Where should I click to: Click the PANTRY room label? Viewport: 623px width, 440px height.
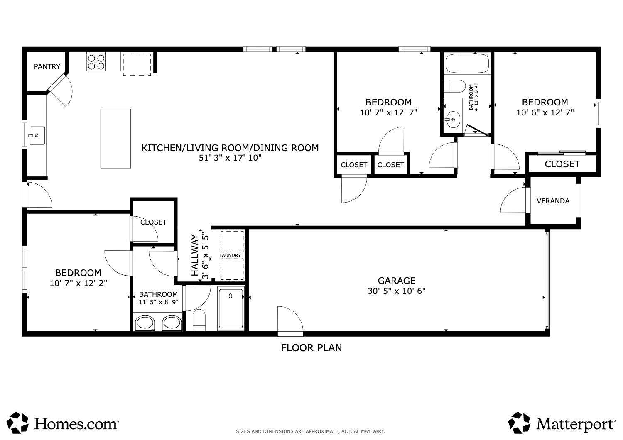tap(47, 66)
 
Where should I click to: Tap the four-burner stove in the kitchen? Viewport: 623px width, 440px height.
tap(96, 62)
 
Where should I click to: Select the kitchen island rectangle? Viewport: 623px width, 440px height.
tap(115, 138)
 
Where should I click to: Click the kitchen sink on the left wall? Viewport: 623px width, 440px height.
tap(37, 136)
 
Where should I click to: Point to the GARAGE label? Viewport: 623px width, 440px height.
tap(396, 281)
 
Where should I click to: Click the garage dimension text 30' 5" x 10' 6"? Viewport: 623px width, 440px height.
tap(396, 291)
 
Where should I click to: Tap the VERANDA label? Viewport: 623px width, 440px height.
tap(553, 201)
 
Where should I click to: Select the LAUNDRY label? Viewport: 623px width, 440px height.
tap(230, 255)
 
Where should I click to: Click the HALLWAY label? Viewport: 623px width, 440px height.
tap(195, 255)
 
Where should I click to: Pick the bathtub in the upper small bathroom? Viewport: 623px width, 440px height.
tap(467, 64)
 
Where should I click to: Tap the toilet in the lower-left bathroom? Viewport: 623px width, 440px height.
tap(199, 320)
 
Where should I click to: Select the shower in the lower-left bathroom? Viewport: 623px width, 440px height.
tap(231, 309)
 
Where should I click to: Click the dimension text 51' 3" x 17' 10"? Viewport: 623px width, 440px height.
tap(230, 158)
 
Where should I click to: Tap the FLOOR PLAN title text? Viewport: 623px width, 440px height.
tap(311, 348)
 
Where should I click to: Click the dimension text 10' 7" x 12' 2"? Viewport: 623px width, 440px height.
tap(78, 283)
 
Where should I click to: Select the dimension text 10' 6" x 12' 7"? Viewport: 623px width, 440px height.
tap(545, 112)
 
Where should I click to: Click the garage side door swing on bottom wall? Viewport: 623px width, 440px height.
tap(290, 320)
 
